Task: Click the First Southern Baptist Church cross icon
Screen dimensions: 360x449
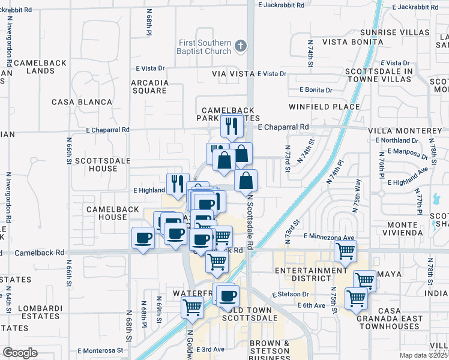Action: pyautogui.click(x=241, y=46)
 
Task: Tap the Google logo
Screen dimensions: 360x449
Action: pyautogui.click(x=20, y=353)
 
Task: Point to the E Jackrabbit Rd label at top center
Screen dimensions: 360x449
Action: pyautogui.click(x=286, y=5)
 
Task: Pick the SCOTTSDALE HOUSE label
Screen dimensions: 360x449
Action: pyautogui.click(x=94, y=164)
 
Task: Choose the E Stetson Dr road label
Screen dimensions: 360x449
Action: pyautogui.click(x=290, y=295)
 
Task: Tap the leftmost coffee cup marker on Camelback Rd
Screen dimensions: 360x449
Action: pyautogui.click(x=143, y=238)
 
